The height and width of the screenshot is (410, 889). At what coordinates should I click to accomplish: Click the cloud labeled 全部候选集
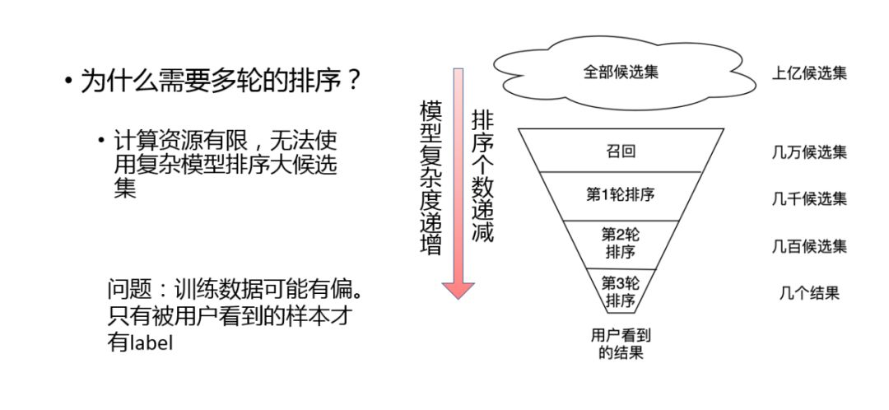pyautogui.click(x=621, y=72)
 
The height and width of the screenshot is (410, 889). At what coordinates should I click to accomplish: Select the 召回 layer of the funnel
pyautogui.click(x=621, y=151)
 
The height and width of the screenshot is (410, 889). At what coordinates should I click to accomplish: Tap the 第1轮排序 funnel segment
pyautogui.click(x=621, y=195)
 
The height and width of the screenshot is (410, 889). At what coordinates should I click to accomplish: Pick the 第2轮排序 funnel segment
pyautogui.click(x=621, y=242)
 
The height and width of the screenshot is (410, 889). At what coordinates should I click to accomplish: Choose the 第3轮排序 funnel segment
pyautogui.click(x=621, y=291)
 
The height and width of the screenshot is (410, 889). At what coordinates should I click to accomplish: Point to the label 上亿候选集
pyautogui.click(x=809, y=72)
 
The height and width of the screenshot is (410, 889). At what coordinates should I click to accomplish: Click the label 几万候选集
pyautogui.click(x=809, y=151)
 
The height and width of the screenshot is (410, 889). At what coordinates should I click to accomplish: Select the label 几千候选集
pyautogui.click(x=809, y=198)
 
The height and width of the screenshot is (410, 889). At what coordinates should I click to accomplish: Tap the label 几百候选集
pyautogui.click(x=809, y=245)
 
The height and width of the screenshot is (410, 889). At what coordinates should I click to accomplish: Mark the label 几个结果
pyautogui.click(x=809, y=292)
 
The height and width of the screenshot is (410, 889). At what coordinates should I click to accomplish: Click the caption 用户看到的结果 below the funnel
pyautogui.click(x=621, y=343)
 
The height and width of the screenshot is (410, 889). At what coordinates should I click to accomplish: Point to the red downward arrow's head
pyautogui.click(x=458, y=289)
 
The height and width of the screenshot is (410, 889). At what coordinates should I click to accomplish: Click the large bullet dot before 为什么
pyautogui.click(x=68, y=82)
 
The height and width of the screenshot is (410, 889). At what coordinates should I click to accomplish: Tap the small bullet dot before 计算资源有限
pyautogui.click(x=102, y=141)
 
